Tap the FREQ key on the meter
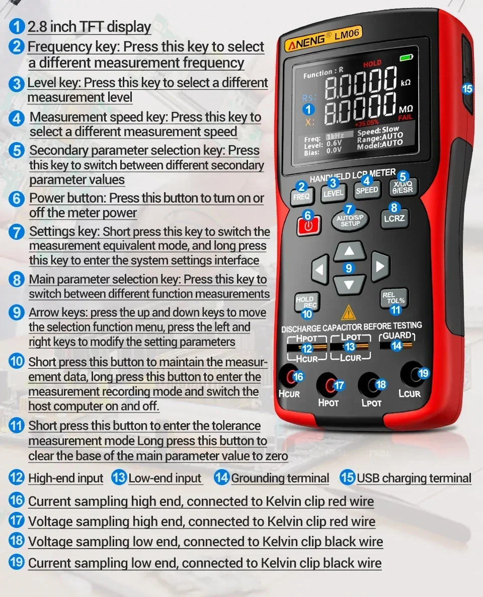pyautogui.click(x=301, y=196)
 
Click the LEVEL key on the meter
pyautogui.click(x=334, y=193)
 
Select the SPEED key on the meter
pyautogui.click(x=367, y=190)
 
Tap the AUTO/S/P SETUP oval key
pyautogui.click(x=350, y=220)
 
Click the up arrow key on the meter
pyautogui.click(x=350, y=251)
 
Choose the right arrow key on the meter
pyautogui.click(x=380, y=266)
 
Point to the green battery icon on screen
pyautogui.click(x=406, y=57)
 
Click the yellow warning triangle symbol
pyautogui.click(x=348, y=313)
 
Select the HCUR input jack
pyautogui.click(x=289, y=377)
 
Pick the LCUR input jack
pyautogui.click(x=412, y=374)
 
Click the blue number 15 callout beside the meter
pyautogui.click(x=467, y=89)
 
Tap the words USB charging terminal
pyautogui.click(x=414, y=478)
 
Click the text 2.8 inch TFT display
pyautogui.click(x=90, y=27)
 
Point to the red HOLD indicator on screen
pyautogui.click(x=372, y=63)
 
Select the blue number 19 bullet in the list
pyautogui.click(x=17, y=562)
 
